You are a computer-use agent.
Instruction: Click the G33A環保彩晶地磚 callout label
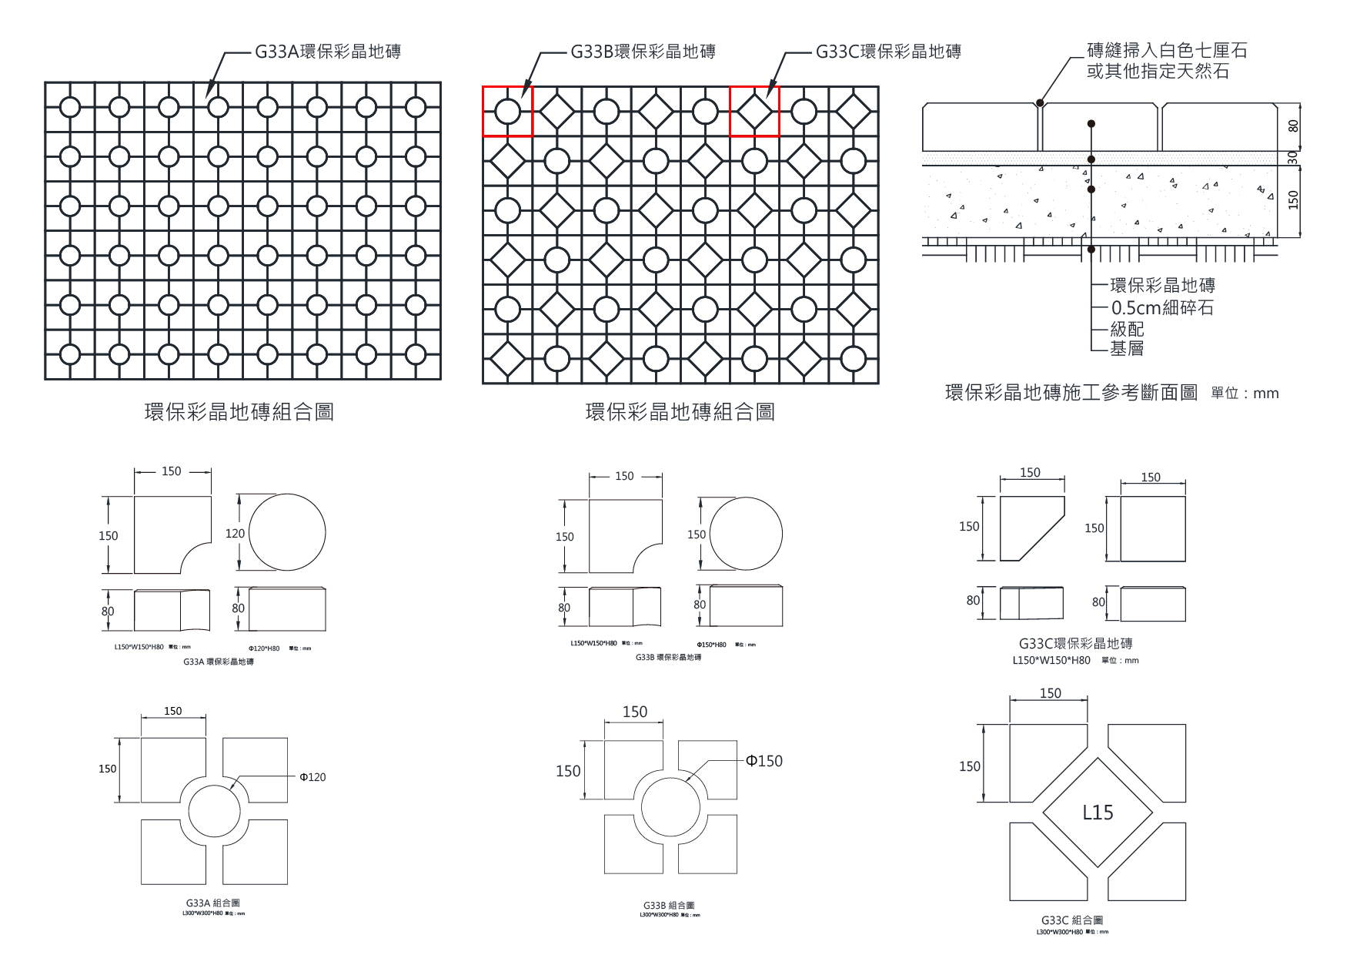[x=328, y=52]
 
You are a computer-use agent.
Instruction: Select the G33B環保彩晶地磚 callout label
[x=643, y=52]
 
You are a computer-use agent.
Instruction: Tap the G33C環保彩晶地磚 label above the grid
[x=888, y=52]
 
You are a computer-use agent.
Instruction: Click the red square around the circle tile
[x=507, y=112]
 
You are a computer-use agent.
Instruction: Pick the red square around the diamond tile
[x=754, y=112]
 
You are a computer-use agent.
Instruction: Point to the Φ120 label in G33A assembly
[x=312, y=777]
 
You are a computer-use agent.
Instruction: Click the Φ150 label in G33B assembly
[x=764, y=761]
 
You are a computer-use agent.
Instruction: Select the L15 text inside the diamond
[x=1098, y=813]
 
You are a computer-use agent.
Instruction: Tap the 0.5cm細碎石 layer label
[x=1161, y=308]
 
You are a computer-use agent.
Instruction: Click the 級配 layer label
[x=1127, y=330]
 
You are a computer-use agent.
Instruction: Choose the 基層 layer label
[x=1127, y=349]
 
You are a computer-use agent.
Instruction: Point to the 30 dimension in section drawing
[x=1293, y=156]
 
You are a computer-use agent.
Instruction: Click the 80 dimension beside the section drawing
[x=1293, y=125]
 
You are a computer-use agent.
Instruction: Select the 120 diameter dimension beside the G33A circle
[x=235, y=533]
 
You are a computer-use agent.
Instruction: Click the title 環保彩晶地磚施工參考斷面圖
[x=1071, y=393]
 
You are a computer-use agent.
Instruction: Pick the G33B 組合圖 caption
[x=669, y=906]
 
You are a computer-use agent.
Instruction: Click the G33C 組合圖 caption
[x=1071, y=920]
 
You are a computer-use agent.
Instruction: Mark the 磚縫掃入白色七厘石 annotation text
[x=1166, y=52]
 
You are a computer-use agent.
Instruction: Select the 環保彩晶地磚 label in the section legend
[x=1162, y=286]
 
